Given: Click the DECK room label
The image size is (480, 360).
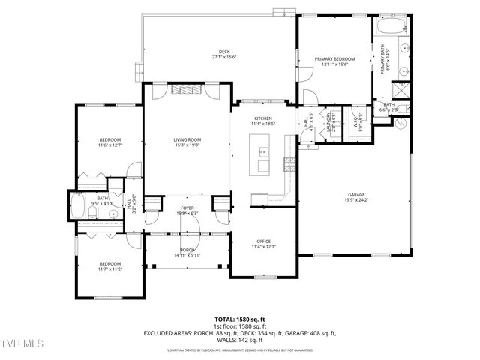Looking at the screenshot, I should click(x=224, y=52).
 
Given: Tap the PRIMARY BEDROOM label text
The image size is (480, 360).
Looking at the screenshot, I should click(x=334, y=58).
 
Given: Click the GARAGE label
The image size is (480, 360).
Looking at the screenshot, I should click(x=356, y=194).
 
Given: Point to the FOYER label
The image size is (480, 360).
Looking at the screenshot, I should click(x=187, y=208).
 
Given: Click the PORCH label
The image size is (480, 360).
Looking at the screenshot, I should click(x=187, y=250).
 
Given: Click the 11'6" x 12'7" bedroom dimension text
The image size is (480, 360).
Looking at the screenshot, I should click(x=110, y=146).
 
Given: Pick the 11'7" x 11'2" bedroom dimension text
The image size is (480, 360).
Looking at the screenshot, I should click(x=110, y=268).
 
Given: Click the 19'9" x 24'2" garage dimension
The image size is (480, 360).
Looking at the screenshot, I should click(x=356, y=200).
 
